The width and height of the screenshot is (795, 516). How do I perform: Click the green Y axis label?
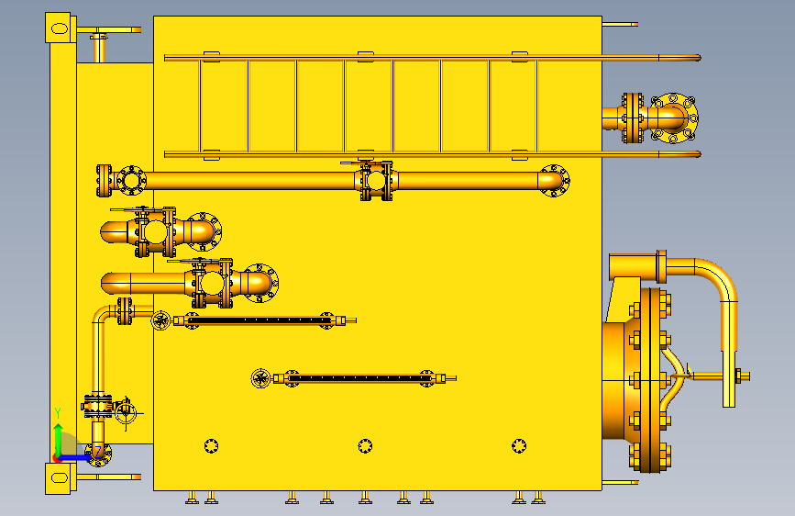click(58, 413)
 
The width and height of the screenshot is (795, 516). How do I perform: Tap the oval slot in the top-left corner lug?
click(60, 28)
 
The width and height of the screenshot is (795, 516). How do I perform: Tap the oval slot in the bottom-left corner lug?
click(60, 478)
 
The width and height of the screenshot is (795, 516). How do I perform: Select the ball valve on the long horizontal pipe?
click(376, 180)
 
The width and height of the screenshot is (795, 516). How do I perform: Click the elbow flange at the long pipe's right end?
click(554, 180)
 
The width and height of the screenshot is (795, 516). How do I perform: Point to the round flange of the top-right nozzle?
click(673, 118)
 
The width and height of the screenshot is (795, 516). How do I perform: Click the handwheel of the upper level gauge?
click(160, 320)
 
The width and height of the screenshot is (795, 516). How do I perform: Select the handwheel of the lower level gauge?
click(260, 378)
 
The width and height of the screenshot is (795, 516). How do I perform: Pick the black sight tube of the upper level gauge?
click(259, 320)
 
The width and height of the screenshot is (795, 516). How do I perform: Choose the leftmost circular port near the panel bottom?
click(211, 446)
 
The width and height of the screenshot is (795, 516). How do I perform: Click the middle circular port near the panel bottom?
click(365, 446)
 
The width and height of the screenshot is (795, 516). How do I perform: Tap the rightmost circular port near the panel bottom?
click(519, 446)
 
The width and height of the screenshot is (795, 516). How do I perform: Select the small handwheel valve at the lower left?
click(126, 412)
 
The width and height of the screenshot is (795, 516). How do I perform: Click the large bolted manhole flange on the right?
click(650, 380)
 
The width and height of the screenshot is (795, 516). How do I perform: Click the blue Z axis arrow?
click(76, 457)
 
